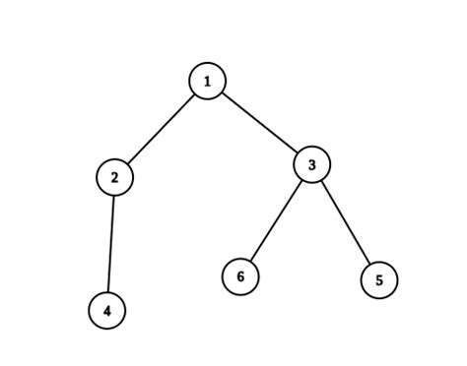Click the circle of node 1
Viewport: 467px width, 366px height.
point(208,82)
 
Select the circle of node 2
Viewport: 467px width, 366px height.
point(115,177)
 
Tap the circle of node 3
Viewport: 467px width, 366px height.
point(311,164)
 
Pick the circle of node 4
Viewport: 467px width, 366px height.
point(107,311)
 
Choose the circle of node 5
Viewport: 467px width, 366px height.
point(379,280)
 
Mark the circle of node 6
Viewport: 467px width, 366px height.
point(240,276)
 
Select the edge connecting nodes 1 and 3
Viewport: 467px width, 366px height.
point(259,123)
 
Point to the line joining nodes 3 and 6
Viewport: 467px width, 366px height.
point(276,220)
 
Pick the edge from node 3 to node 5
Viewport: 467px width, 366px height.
point(345,222)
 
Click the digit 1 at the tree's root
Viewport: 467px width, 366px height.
point(208,82)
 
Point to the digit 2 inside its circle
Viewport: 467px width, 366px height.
point(115,177)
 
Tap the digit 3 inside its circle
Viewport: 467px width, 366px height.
point(311,164)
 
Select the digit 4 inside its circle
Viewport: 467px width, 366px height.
point(107,311)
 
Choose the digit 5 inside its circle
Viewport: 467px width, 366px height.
point(379,280)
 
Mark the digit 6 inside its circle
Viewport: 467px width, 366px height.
point(240,276)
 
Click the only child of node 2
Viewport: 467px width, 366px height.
point(107,311)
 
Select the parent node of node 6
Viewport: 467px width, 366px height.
point(311,164)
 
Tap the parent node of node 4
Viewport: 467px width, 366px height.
point(115,177)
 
